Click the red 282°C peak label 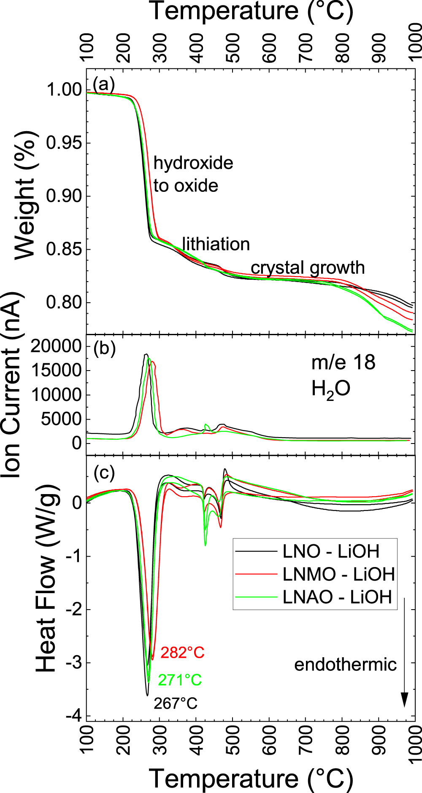182,653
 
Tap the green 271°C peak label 180,680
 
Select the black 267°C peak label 176,703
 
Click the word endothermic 345,665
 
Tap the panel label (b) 104,349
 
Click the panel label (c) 104,473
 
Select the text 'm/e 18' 343,363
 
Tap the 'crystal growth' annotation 308,268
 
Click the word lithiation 216,244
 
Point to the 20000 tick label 56,346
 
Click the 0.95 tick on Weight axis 64,143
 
